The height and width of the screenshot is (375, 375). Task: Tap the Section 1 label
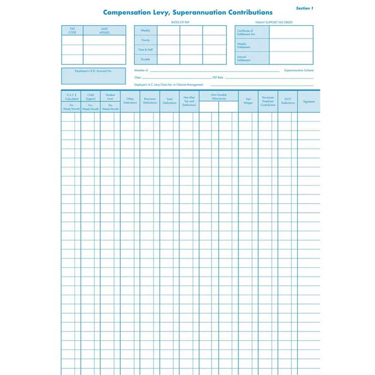click(x=304, y=8)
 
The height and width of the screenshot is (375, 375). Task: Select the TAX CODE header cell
click(x=72, y=30)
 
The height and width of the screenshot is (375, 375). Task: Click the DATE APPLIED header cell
click(x=104, y=30)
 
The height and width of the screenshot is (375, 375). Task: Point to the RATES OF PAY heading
click(x=180, y=22)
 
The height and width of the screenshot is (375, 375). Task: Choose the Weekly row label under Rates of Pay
click(x=145, y=30)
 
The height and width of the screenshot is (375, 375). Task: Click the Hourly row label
click(x=145, y=40)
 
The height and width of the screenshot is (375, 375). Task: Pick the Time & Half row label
click(x=145, y=50)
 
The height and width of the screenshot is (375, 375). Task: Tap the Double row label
click(x=145, y=59)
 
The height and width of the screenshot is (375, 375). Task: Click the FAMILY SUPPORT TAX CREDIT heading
click(x=274, y=22)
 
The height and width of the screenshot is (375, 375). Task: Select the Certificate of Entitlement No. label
click(x=245, y=32)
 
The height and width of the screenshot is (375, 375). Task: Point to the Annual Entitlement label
click(x=245, y=58)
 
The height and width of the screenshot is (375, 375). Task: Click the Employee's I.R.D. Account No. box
click(x=93, y=71)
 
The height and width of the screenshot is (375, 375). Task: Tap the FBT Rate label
click(x=217, y=77)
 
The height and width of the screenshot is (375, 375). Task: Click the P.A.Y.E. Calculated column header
click(x=71, y=97)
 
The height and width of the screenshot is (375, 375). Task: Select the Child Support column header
click(x=91, y=97)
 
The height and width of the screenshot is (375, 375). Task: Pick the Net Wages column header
click(x=248, y=101)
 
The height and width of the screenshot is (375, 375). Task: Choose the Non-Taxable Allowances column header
click(x=219, y=97)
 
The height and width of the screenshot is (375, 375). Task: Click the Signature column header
click(x=309, y=101)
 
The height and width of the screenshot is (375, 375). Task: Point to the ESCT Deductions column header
click(x=288, y=101)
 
